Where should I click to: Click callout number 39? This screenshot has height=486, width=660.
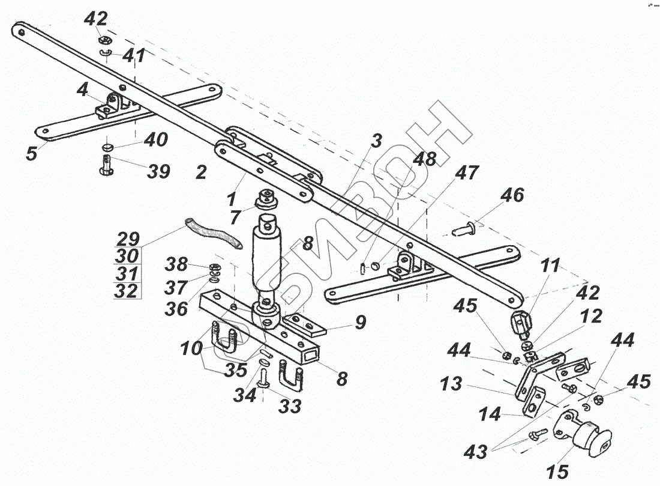158,172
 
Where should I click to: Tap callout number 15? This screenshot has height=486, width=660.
557,472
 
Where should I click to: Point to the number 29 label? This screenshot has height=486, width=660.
127,237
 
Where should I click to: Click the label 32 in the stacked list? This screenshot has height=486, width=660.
127,291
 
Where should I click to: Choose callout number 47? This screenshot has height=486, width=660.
467,173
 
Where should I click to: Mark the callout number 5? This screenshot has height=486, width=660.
31,153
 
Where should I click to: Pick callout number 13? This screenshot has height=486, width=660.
451,383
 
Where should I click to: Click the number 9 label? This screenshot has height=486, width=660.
360,323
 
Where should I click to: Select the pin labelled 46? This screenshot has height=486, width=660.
465,228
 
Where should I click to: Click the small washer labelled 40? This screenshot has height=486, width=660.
107,147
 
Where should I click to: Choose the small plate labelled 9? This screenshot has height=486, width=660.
307,324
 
